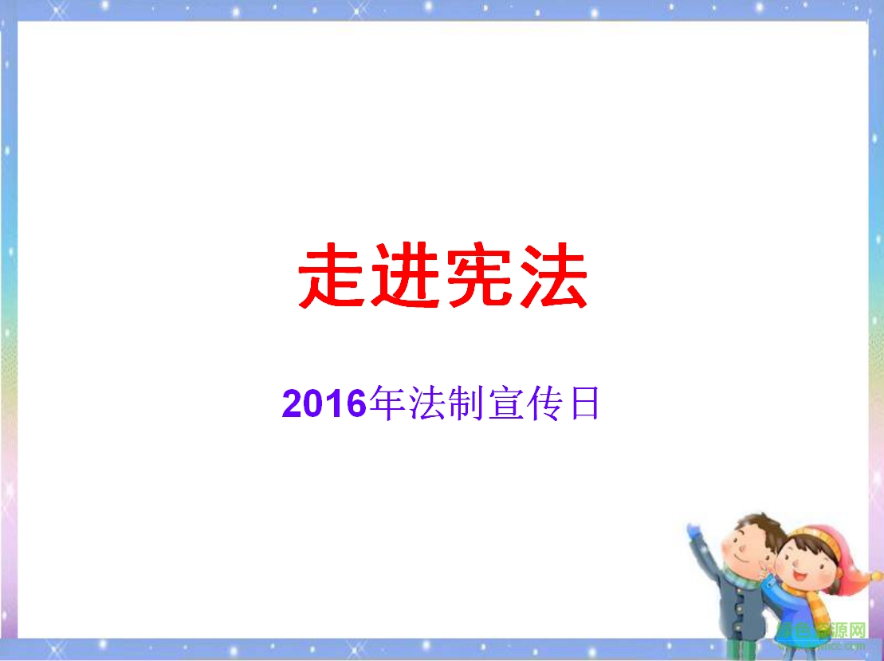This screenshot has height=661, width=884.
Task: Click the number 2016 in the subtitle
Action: pyautogui.click(x=323, y=404)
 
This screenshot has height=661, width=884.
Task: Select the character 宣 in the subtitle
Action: pyautogui.click(x=503, y=404)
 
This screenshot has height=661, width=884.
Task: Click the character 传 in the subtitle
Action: pyautogui.click(x=543, y=404)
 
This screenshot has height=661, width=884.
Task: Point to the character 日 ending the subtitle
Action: pyautogui.click(x=583, y=404)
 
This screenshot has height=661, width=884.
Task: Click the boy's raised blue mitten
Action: pyautogui.click(x=693, y=530)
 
